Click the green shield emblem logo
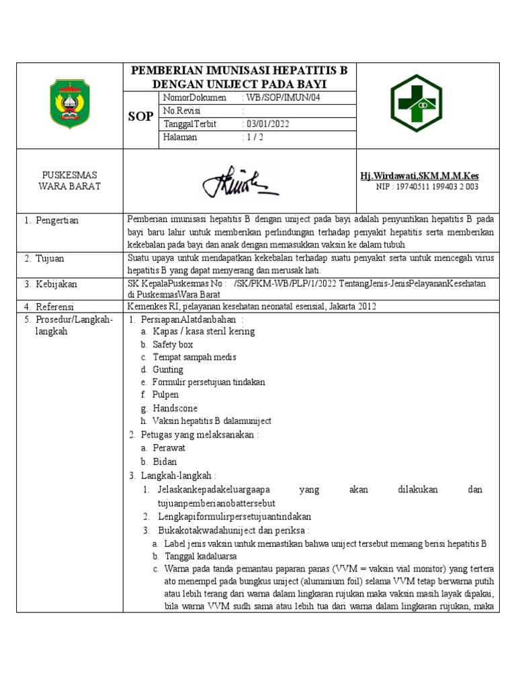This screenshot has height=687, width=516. [70, 105]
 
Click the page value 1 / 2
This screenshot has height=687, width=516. [253, 137]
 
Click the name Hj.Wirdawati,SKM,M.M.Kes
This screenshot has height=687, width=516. [420, 176]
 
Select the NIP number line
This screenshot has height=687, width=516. [427, 187]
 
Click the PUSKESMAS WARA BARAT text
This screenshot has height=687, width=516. [70, 180]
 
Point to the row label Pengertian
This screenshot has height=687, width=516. [52, 220]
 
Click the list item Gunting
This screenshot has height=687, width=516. [167, 370]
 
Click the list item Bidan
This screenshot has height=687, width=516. [165, 462]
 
